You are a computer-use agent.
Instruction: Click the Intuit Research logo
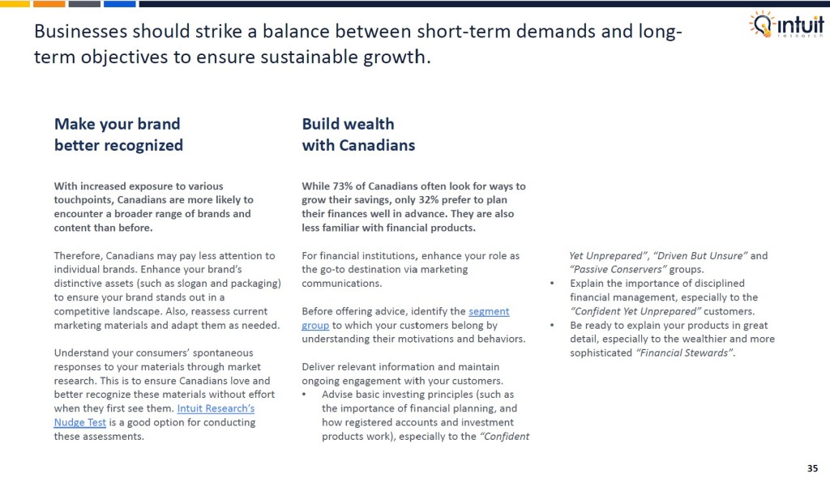pyautogui.click(x=785, y=24)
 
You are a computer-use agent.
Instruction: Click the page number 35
pyautogui.click(x=812, y=467)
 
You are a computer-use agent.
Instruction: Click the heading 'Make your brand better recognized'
pyautogui.click(x=118, y=134)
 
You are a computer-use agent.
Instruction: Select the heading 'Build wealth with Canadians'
pyautogui.click(x=358, y=134)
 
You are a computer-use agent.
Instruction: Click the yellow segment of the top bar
pyautogui.click(x=15, y=3)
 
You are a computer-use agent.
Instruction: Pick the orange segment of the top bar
pyautogui.click(x=49, y=3)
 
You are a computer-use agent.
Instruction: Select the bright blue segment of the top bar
pyautogui.click(x=119, y=3)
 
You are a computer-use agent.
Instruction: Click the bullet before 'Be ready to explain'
pyautogui.click(x=552, y=325)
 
